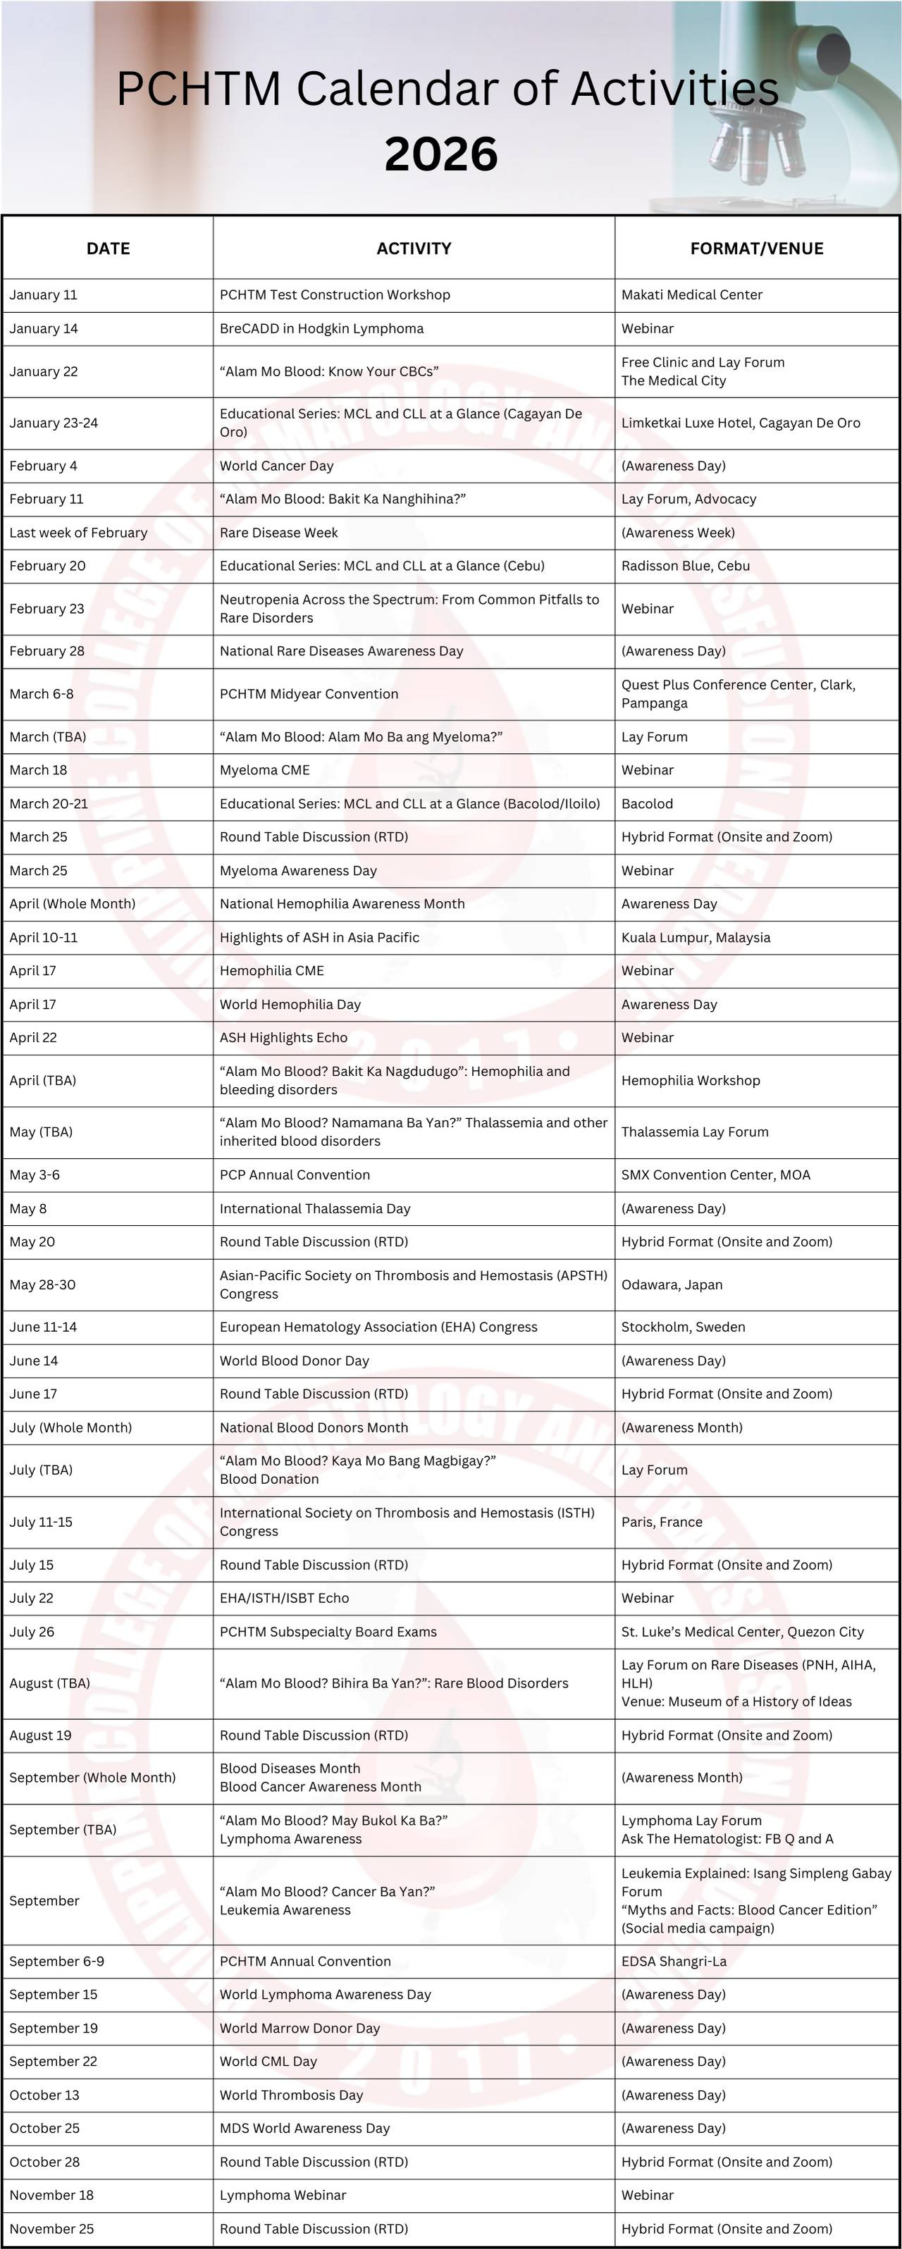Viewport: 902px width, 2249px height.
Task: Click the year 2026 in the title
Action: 441,154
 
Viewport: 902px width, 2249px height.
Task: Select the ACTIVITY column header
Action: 414,249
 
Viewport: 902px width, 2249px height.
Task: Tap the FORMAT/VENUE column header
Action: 756,249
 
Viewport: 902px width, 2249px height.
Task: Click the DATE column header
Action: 109,249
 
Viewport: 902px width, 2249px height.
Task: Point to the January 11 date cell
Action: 44,295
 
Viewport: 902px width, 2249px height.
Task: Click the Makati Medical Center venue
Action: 691,295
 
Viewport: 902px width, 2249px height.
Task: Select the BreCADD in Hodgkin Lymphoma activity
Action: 321,329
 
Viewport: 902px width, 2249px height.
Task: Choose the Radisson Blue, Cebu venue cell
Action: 686,566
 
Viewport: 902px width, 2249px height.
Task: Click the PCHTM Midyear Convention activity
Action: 308,694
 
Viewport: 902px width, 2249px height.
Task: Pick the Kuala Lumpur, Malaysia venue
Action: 696,938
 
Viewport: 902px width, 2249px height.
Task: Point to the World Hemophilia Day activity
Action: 290,1005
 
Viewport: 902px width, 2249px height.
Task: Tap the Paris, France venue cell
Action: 662,1522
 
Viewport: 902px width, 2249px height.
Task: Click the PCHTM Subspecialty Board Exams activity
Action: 328,1632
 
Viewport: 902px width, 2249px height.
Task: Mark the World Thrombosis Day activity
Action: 291,2095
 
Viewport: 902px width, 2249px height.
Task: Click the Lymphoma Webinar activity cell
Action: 283,2195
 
